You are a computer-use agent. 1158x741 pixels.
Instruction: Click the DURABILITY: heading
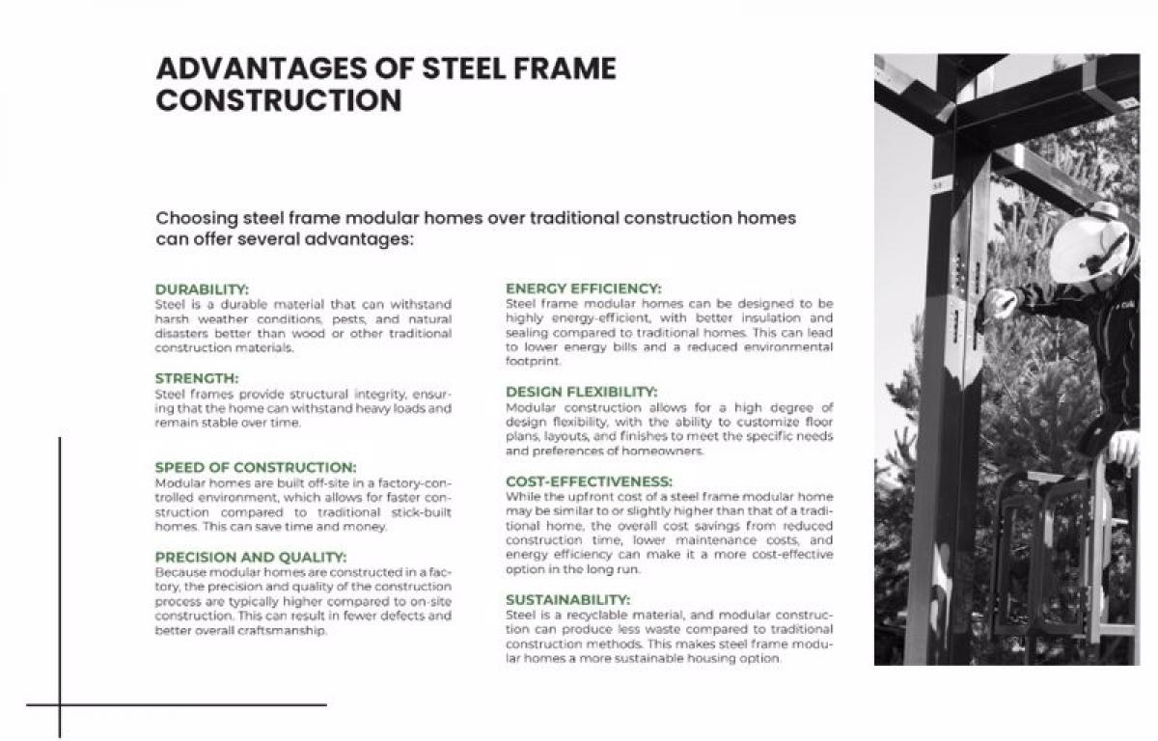tap(202, 288)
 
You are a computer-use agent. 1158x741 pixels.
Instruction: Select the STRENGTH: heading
tap(197, 378)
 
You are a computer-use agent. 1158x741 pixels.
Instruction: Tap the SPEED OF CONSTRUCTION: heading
tap(256, 467)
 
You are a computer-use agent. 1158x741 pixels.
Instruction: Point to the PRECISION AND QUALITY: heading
tap(251, 557)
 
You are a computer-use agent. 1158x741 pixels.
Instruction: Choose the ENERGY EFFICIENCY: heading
tap(583, 288)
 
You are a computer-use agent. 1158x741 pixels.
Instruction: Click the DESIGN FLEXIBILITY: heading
tap(581, 392)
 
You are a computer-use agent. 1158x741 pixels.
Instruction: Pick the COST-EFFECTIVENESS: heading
tap(589, 480)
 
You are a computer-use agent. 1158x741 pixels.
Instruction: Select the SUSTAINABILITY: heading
tap(567, 599)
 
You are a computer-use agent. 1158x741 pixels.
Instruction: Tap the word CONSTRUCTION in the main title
tap(279, 100)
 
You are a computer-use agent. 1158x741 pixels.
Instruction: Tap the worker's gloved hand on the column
tap(998, 302)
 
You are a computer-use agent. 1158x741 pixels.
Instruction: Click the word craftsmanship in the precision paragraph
tap(287, 631)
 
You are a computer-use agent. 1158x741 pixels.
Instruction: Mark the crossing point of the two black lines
tap(60, 704)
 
